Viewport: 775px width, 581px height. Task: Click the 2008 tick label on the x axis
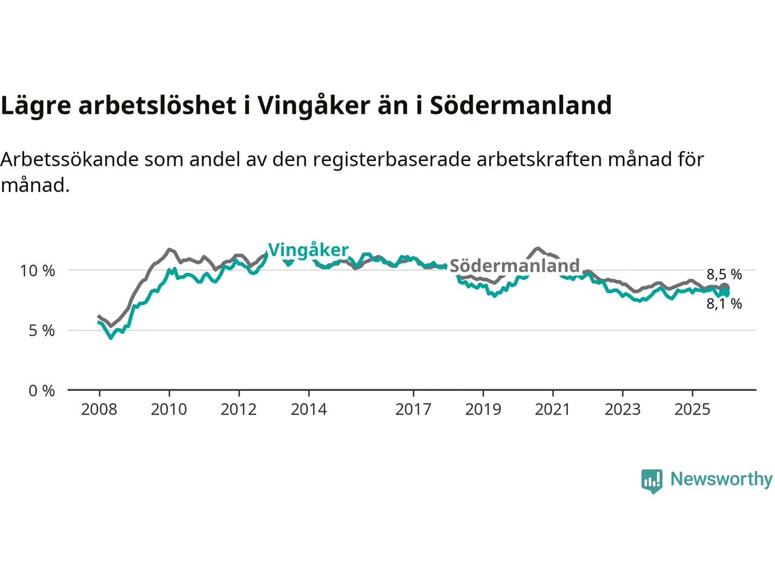[99, 410]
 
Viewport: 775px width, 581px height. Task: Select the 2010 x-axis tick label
[169, 410]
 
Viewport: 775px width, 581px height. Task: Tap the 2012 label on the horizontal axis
[239, 410]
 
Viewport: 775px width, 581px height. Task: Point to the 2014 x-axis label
[309, 410]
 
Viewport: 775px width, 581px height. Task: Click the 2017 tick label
[414, 410]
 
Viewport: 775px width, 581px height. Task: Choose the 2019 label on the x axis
[483, 410]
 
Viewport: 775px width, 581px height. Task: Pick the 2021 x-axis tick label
[553, 410]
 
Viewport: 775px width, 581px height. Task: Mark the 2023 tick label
[622, 410]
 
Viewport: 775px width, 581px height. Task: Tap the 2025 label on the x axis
[693, 410]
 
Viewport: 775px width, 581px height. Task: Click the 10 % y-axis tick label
[38, 271]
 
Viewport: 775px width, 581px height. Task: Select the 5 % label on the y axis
[42, 331]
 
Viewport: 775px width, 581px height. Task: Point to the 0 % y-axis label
[42, 391]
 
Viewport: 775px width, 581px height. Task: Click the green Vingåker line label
[308, 250]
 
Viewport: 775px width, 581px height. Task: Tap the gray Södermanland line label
[515, 266]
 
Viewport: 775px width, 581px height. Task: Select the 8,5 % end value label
[724, 275]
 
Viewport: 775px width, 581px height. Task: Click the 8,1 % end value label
[724, 304]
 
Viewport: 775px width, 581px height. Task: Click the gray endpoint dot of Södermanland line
[724, 288]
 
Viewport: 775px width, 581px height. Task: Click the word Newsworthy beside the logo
[721, 479]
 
